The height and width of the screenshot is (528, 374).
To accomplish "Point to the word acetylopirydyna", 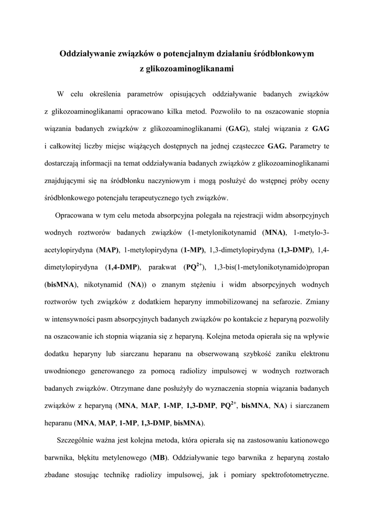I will pos(68,251).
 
